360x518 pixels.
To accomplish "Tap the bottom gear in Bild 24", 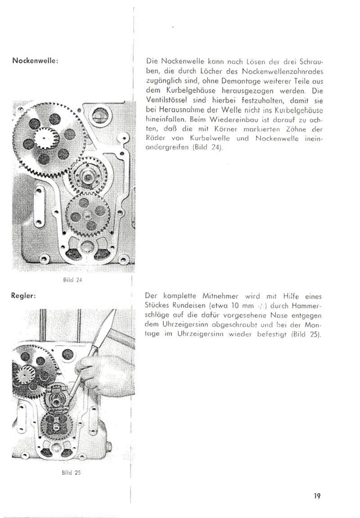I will tap(88, 214).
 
